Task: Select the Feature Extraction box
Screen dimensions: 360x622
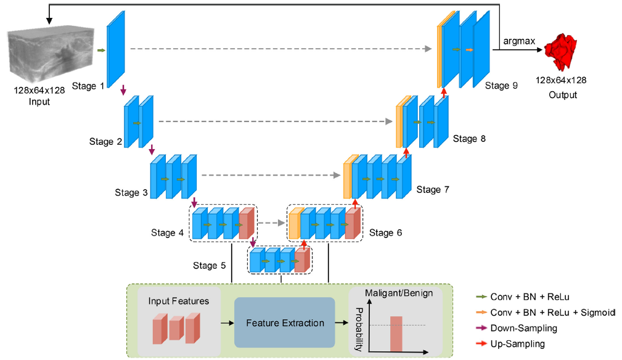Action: (x=285, y=323)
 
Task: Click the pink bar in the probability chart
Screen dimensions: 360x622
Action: (x=395, y=333)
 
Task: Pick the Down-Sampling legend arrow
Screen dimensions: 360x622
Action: (x=480, y=328)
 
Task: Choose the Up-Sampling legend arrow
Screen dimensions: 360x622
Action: (x=480, y=344)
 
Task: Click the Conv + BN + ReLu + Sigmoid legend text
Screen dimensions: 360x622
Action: (x=552, y=313)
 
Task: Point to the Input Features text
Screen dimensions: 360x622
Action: (x=178, y=301)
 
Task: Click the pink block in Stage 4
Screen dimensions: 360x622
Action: (x=246, y=224)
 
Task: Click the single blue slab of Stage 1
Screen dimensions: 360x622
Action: (x=116, y=44)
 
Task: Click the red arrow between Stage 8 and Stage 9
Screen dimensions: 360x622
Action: (x=443, y=92)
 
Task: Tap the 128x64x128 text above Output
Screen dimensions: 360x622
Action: (x=560, y=80)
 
